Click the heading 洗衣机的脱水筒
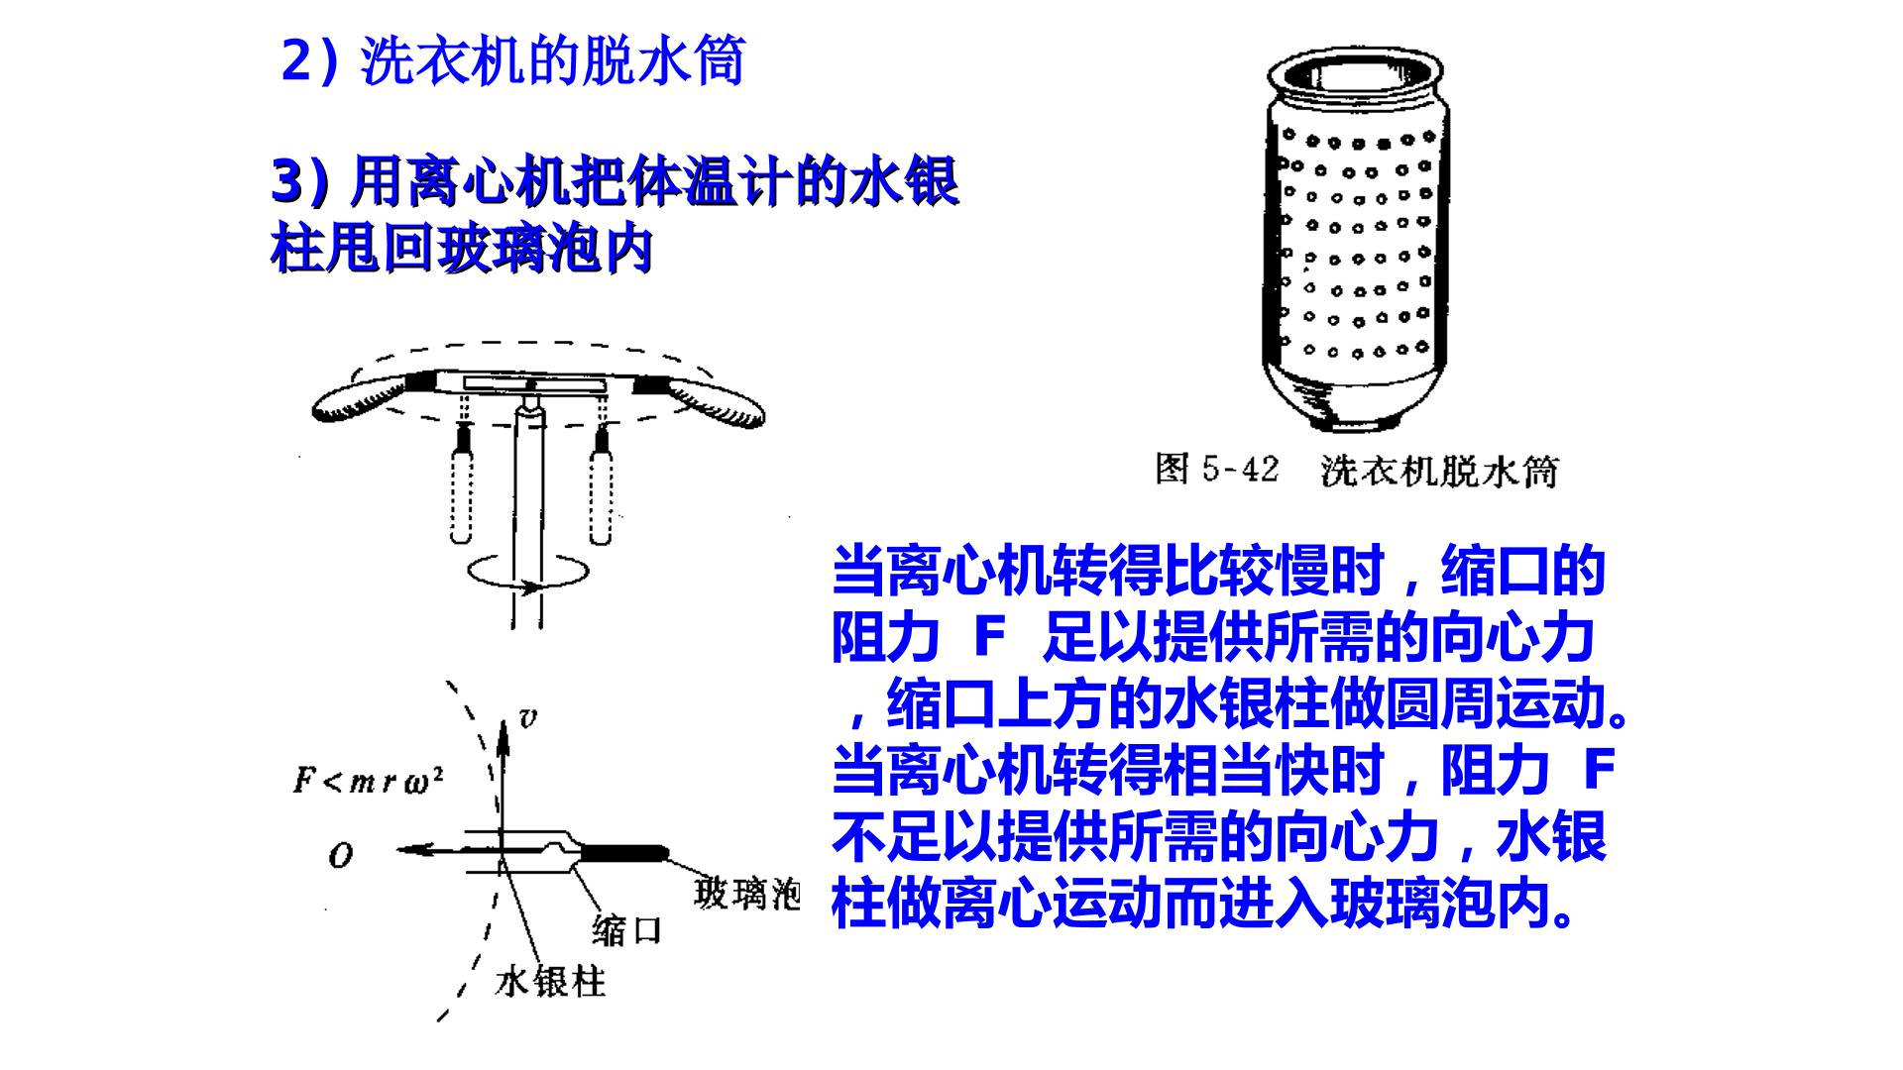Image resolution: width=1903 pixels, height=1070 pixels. (552, 61)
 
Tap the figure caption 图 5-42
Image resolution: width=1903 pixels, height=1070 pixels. (1217, 470)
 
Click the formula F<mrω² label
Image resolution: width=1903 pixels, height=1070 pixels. (368, 780)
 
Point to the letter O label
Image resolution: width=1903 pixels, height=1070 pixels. (340, 855)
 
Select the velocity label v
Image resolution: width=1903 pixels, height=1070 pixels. (528, 718)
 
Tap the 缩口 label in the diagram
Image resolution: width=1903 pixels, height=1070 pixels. (625, 930)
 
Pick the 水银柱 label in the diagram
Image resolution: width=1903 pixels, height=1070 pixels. (550, 981)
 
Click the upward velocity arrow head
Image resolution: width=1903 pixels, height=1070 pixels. (503, 733)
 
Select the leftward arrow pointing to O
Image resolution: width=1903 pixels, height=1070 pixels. (446, 850)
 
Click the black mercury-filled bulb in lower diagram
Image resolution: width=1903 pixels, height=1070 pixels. (622, 853)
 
